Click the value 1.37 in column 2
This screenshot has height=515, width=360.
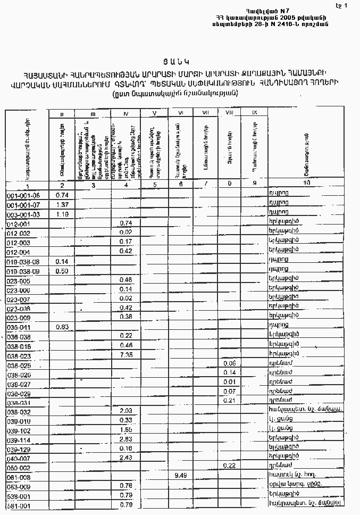point(63,205)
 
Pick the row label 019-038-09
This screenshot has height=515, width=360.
point(23,271)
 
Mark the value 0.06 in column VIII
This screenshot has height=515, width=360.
point(230,363)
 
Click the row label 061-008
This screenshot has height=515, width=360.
point(19,477)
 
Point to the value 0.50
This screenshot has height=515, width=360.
point(63,271)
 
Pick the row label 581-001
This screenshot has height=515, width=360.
point(19,505)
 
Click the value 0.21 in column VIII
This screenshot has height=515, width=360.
point(230,400)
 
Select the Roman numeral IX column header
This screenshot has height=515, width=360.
point(254,112)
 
